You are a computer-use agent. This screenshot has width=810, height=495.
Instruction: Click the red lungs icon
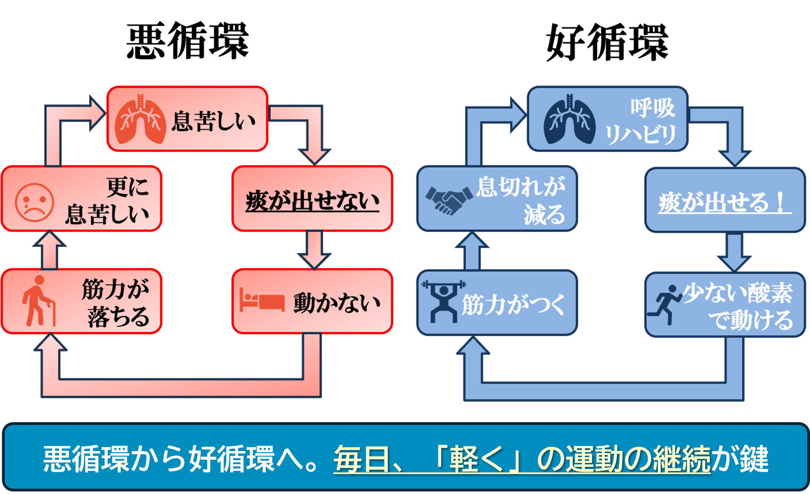140,119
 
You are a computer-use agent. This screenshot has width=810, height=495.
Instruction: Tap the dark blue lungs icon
569,119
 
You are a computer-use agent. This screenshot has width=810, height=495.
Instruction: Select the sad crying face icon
34,202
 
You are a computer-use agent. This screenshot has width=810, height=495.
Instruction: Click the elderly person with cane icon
38,301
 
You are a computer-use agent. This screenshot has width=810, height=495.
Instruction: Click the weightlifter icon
444,301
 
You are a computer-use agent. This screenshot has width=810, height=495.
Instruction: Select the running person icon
664,304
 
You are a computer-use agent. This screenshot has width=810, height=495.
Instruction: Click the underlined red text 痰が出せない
312,201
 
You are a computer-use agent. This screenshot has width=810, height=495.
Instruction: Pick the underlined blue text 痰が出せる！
723,203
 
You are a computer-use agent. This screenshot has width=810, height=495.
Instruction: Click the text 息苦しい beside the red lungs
213,121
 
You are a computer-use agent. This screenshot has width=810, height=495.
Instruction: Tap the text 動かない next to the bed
336,303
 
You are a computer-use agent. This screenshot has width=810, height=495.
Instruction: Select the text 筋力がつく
513,305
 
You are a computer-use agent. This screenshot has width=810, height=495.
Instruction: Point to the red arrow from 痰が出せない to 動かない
314,249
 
